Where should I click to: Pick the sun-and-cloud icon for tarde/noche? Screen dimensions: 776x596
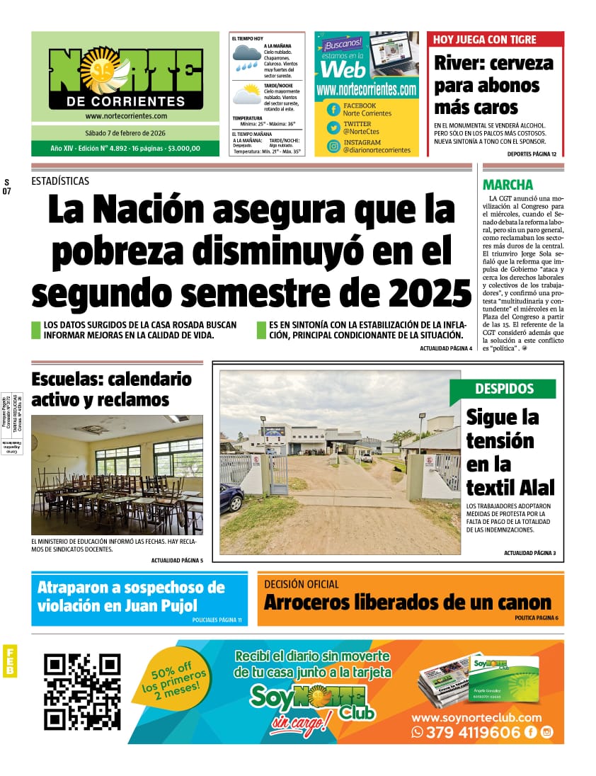[x=247, y=95]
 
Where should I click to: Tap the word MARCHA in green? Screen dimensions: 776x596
[x=508, y=185]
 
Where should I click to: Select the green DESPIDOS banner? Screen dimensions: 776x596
[x=504, y=389]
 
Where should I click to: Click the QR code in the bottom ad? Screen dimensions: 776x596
[x=82, y=692]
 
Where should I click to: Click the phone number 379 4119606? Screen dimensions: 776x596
[x=473, y=733]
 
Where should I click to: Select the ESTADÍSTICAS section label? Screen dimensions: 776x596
[x=60, y=181]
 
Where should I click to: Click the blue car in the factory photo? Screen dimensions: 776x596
[x=231, y=498]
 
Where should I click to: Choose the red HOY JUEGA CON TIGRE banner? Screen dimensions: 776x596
[x=495, y=40]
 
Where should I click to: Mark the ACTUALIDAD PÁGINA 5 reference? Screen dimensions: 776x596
[x=177, y=561]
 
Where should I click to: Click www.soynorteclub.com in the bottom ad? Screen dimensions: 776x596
[x=476, y=717]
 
